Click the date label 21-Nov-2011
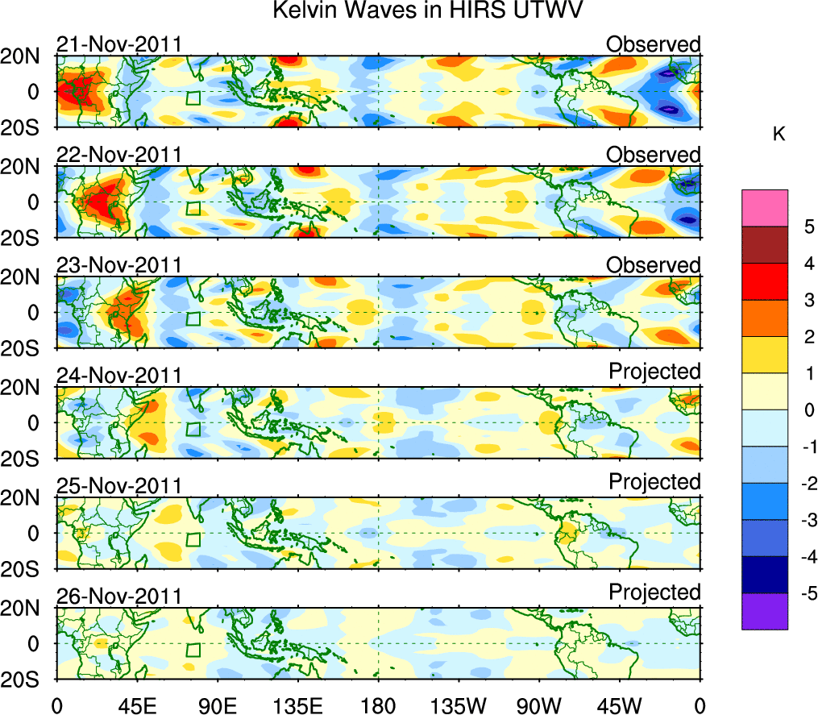pos(118,44)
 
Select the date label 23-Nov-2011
pos(118,265)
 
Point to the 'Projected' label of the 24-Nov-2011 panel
pos(654,371)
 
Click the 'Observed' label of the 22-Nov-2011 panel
pos(654,154)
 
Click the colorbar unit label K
pos(779,135)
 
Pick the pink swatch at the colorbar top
pos(764,208)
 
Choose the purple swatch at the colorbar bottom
pos(764,611)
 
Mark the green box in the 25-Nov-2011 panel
pos(193,539)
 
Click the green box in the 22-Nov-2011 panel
pos(193,208)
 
